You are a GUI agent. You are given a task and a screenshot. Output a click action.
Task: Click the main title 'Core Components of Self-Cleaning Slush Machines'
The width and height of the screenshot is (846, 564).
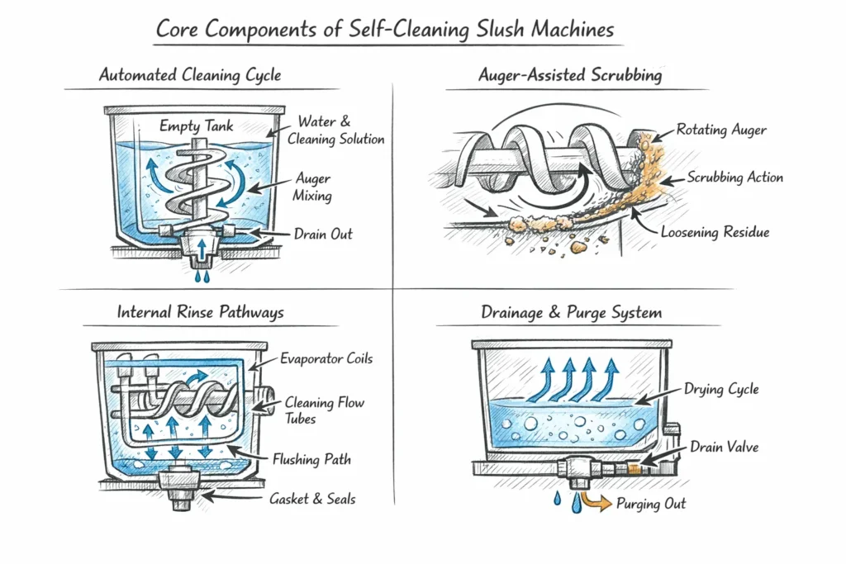tap(385, 30)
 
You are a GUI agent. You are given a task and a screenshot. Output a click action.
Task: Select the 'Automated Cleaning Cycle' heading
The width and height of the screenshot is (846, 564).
tap(190, 75)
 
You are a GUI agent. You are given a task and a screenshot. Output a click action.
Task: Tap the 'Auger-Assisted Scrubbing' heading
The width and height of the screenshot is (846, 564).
tap(570, 75)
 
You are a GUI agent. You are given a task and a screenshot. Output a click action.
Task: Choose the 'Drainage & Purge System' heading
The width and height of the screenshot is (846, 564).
tap(572, 313)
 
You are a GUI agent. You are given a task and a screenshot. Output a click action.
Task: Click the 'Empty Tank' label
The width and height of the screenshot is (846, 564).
tap(197, 126)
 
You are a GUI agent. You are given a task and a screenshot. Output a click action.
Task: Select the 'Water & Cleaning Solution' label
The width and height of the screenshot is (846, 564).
tap(335, 130)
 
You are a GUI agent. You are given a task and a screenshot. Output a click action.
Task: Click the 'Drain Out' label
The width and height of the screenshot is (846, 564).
tap(323, 234)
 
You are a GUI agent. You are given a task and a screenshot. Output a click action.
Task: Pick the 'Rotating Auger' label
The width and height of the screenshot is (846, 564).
tap(721, 130)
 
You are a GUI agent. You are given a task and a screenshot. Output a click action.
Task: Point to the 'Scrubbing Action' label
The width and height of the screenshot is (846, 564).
tap(735, 178)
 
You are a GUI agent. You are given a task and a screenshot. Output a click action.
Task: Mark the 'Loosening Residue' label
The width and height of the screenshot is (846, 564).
tap(715, 232)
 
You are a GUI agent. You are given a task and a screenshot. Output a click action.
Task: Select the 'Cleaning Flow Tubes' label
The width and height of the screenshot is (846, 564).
tap(324, 410)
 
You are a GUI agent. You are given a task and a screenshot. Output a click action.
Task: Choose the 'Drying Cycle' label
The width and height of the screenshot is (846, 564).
tap(721, 389)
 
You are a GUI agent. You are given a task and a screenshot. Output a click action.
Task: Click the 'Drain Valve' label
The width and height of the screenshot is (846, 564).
tap(724, 447)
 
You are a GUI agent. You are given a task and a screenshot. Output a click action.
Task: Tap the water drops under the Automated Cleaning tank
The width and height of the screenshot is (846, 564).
tap(196, 275)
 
